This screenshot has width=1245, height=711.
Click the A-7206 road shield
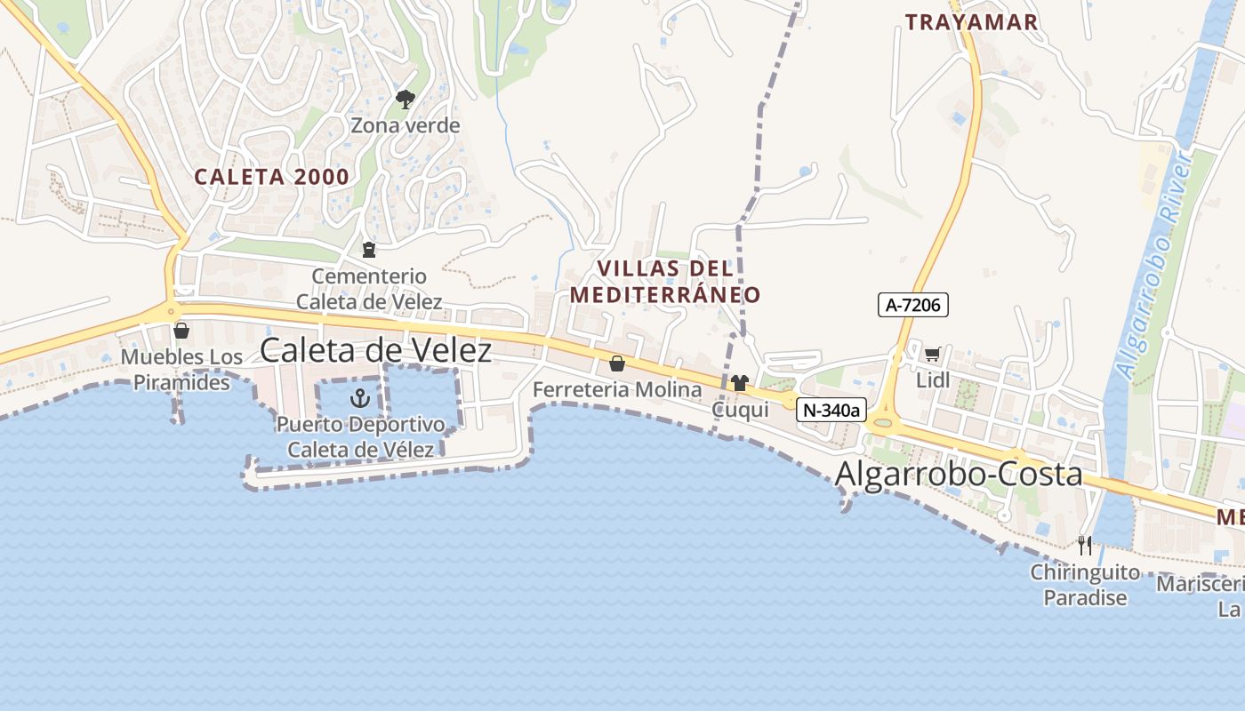(x=913, y=305)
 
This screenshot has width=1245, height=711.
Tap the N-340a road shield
(x=831, y=410)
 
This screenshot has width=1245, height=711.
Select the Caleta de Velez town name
(x=375, y=350)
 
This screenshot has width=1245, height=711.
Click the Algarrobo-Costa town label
(x=959, y=474)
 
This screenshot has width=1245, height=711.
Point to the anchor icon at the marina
(x=360, y=397)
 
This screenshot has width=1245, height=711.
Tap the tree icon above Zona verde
(x=406, y=99)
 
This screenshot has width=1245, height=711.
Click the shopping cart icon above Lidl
(x=932, y=355)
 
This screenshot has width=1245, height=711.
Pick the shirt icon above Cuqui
(x=740, y=383)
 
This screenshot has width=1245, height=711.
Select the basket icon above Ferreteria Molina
(x=616, y=363)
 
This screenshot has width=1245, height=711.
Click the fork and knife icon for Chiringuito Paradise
(x=1084, y=545)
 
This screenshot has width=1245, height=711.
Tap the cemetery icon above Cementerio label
(x=369, y=250)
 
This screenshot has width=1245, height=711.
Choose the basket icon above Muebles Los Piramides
(x=181, y=331)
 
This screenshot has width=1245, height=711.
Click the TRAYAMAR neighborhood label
(x=971, y=23)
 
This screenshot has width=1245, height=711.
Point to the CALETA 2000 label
(x=272, y=177)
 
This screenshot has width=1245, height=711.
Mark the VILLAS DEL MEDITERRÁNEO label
(x=665, y=281)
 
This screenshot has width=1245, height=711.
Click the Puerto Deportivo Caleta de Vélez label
(x=360, y=436)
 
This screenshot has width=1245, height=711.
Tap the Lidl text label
(x=933, y=380)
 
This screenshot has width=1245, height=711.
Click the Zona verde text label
(x=406, y=125)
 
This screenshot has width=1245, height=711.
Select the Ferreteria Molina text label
(x=617, y=389)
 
